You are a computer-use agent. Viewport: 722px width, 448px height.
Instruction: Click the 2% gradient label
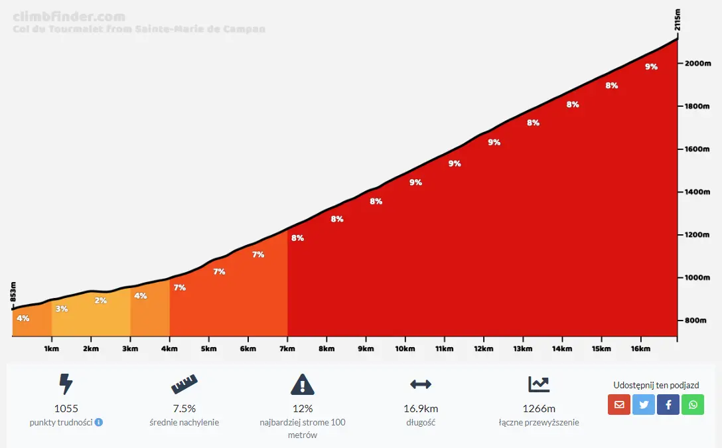click(101, 301)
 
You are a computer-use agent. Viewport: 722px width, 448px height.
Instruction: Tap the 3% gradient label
click(62, 309)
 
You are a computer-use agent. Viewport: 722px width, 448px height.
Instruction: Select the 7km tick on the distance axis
click(287, 348)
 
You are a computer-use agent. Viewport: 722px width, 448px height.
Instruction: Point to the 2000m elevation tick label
click(697, 64)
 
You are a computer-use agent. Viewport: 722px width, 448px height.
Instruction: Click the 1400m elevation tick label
click(697, 192)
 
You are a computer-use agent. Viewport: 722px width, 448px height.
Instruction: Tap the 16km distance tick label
click(640, 348)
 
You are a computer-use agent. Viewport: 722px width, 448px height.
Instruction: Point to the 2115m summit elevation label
click(677, 21)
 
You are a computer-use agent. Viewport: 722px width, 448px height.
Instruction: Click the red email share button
click(619, 404)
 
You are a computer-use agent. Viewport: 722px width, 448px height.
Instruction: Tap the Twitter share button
click(644, 404)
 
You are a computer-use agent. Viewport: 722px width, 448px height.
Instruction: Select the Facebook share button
click(668, 404)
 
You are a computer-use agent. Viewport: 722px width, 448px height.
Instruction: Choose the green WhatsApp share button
click(693, 404)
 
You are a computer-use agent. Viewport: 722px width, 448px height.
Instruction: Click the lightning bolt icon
click(66, 384)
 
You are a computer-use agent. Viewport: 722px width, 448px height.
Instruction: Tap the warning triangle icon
click(303, 384)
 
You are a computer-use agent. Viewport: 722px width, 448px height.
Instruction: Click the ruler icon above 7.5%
click(184, 384)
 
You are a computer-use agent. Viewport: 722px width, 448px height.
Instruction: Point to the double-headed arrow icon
click(421, 384)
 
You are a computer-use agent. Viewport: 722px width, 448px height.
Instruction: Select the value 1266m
click(539, 409)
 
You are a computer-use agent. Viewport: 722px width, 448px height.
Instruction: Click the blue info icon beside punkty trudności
click(99, 422)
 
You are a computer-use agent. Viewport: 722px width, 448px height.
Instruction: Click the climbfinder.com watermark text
click(69, 17)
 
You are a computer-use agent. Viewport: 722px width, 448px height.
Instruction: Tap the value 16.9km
click(421, 409)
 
